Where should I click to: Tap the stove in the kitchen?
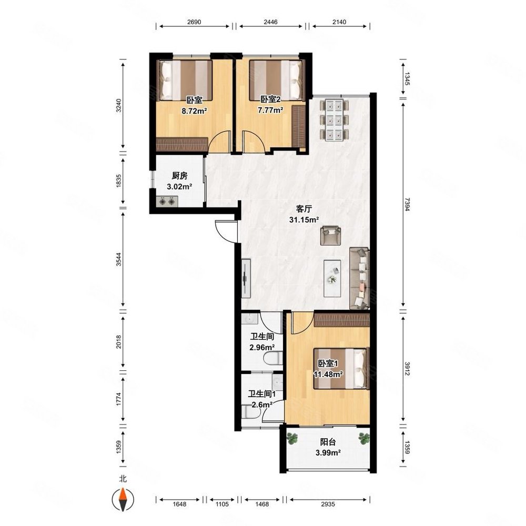click(x=167, y=201)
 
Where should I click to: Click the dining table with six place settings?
click(x=335, y=120)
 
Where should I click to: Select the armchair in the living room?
click(x=330, y=235)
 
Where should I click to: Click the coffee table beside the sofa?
click(x=332, y=278)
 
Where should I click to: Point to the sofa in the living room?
click(x=359, y=278)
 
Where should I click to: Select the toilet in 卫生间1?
click(x=250, y=411)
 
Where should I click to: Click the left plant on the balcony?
click(x=292, y=438)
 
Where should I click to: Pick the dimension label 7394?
click(x=407, y=205)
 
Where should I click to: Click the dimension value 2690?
click(x=194, y=22)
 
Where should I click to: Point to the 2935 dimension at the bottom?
click(x=328, y=504)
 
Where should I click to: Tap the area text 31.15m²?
click(x=304, y=220)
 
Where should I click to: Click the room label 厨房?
click(x=179, y=176)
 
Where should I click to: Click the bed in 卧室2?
click(x=277, y=80)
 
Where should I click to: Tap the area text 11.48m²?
click(x=328, y=374)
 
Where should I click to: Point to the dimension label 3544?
click(x=118, y=259)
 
